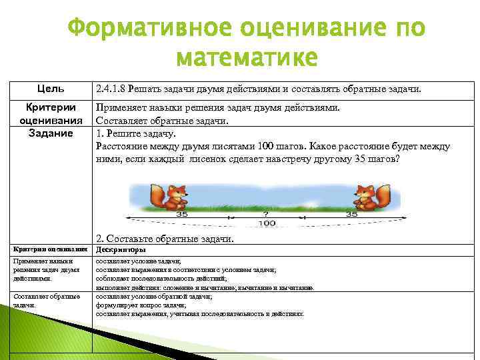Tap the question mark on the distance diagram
click(x=267, y=215)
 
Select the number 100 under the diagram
click(x=267, y=223)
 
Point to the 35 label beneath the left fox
click(x=181, y=215)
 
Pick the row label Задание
click(x=51, y=133)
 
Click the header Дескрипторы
click(x=120, y=249)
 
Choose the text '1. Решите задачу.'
click(x=132, y=133)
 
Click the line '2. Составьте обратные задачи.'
click(x=165, y=238)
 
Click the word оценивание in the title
click(x=304, y=29)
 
